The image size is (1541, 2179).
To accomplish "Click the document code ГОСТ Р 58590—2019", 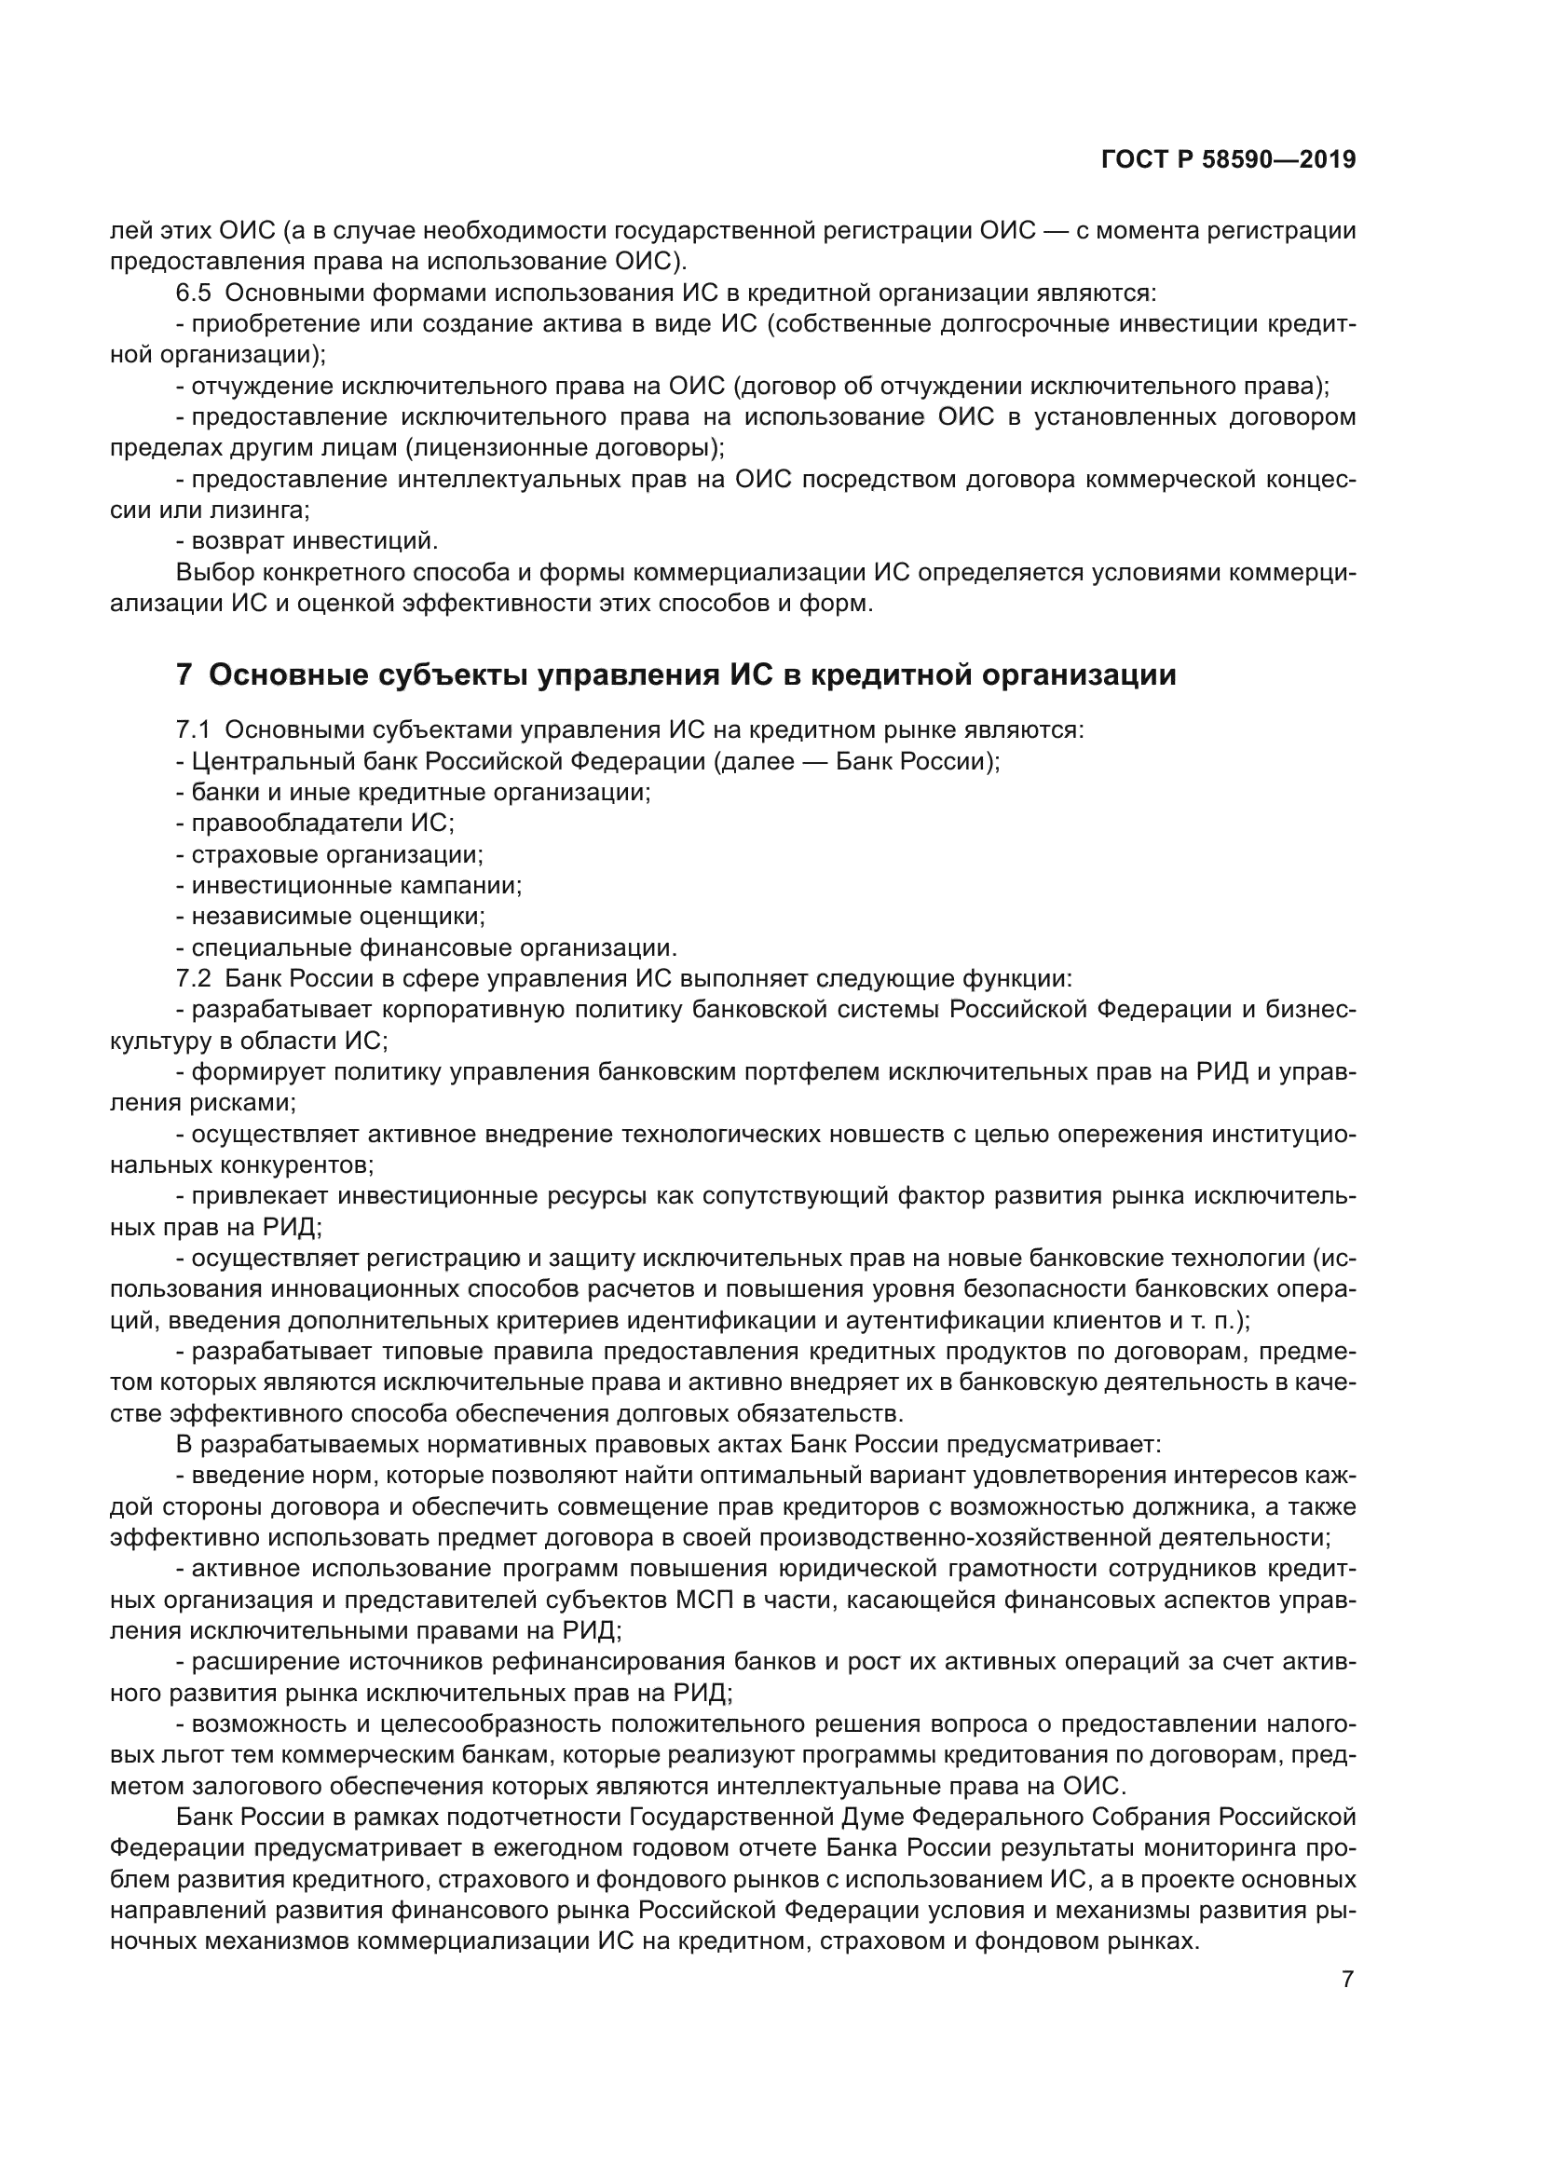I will click(x=1228, y=160).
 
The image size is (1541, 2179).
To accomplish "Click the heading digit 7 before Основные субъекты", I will click(x=184, y=674).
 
